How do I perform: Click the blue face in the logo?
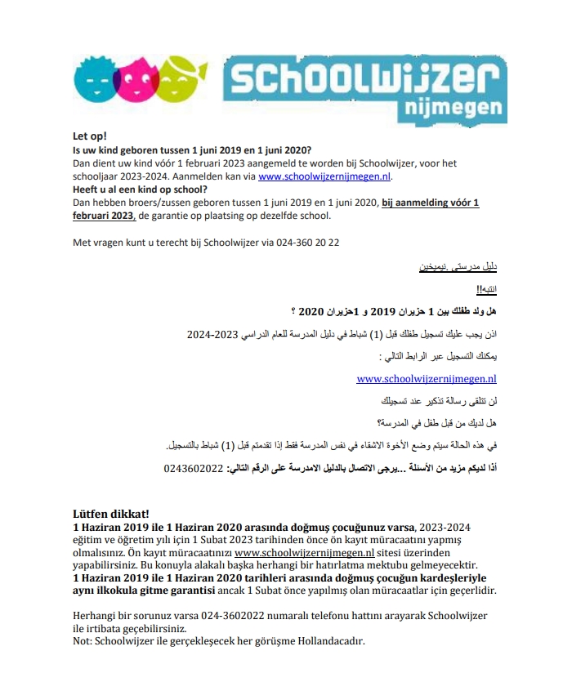click(x=95, y=77)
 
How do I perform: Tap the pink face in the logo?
click(x=141, y=77)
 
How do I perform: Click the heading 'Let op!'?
click(x=90, y=136)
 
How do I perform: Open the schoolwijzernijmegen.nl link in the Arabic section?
click(x=427, y=379)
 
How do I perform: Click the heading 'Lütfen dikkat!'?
click(x=111, y=514)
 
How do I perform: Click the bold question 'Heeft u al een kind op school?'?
click(x=141, y=189)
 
